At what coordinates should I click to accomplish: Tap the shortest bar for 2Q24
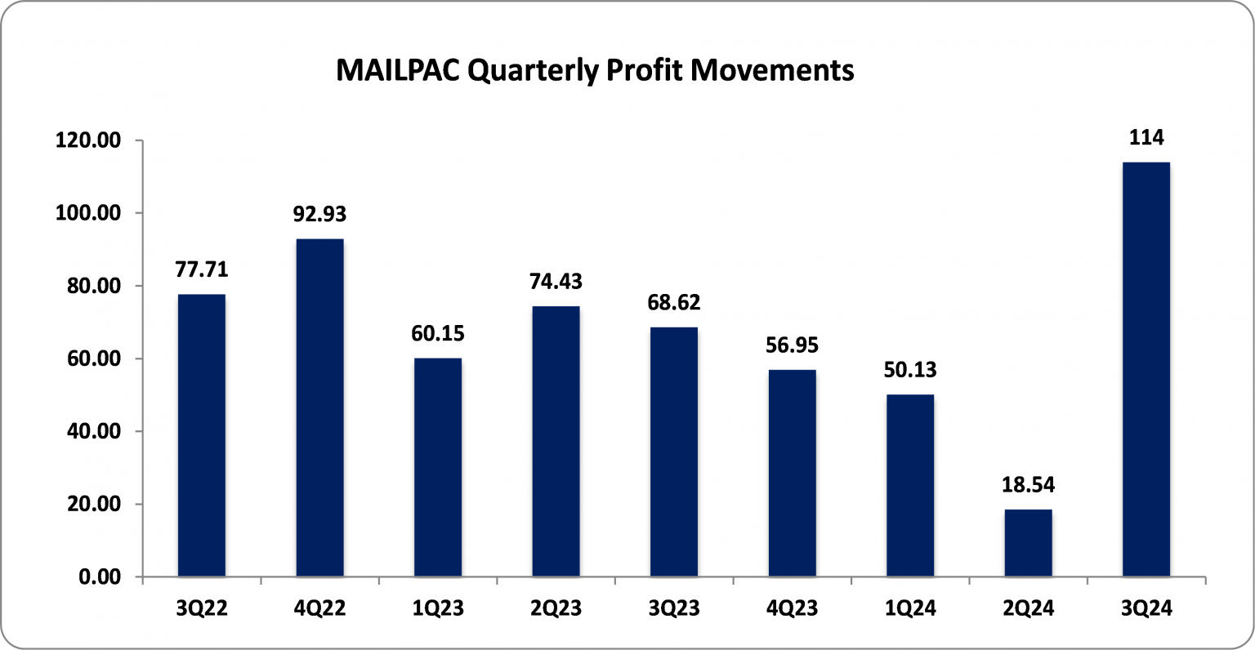1028,543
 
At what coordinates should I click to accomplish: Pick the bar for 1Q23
438,467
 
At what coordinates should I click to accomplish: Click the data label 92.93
319,215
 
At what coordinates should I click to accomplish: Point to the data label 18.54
1028,485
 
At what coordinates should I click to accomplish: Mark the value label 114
1146,138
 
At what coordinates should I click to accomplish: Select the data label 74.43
556,282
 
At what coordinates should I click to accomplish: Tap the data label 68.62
674,303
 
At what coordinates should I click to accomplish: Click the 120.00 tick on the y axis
88,140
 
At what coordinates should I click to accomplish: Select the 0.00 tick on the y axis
100,577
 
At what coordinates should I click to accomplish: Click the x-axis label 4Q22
319,609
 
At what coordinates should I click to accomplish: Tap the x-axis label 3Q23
674,609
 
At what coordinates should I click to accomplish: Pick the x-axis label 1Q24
910,609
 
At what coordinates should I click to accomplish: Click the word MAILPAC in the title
399,71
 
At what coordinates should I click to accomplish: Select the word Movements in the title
771,71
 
